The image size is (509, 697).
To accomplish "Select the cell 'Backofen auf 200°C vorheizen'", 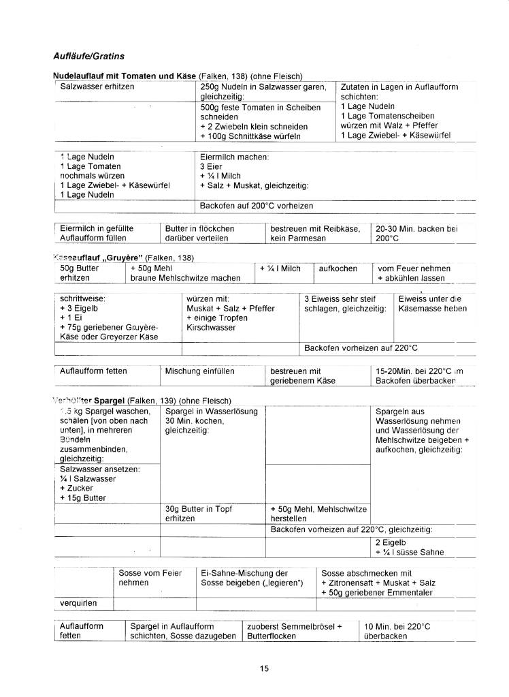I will pos(257,206).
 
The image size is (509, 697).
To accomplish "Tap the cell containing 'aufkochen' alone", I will pos(338,268).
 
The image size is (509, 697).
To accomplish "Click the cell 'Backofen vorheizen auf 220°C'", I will pos(361,347).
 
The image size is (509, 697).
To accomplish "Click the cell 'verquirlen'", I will pos(78,603).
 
